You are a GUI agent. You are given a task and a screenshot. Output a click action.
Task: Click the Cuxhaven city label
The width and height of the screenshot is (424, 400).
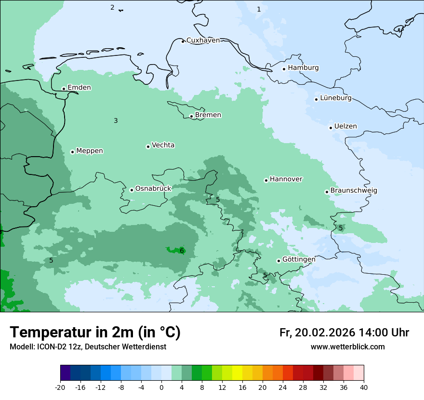(x=203, y=40)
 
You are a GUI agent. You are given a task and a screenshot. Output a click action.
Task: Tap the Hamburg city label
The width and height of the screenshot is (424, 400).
(x=303, y=68)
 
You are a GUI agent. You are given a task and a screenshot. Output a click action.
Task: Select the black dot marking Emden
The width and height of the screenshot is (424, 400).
(x=64, y=89)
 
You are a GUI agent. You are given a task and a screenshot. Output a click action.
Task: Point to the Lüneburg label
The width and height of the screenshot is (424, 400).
(x=335, y=98)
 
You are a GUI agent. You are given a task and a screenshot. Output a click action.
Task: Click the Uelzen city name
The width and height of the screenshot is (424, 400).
(x=345, y=127)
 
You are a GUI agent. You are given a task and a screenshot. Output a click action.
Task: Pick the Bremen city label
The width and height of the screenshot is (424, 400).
(x=208, y=115)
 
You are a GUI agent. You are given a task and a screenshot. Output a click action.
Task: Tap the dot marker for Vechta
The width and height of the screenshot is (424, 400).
(x=148, y=147)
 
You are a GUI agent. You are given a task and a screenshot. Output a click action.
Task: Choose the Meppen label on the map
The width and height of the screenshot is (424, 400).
(x=89, y=151)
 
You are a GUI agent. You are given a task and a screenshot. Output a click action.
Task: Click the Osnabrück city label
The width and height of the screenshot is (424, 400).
(x=153, y=189)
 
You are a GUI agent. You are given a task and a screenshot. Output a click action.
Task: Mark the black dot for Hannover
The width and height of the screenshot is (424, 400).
(x=266, y=180)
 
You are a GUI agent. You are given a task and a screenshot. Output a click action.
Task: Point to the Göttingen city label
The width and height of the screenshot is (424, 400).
(x=298, y=260)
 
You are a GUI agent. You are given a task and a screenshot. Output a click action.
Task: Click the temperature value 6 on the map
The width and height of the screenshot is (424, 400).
(x=182, y=251)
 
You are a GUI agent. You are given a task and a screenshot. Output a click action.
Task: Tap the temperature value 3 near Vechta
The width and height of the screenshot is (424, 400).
(x=116, y=120)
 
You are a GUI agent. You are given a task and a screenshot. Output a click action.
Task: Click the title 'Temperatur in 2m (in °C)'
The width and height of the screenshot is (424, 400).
(x=95, y=332)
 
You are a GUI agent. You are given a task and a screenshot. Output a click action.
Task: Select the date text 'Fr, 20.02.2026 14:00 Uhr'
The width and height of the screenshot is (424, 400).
(x=344, y=333)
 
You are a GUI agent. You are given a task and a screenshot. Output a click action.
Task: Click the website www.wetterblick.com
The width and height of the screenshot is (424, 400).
(x=347, y=347)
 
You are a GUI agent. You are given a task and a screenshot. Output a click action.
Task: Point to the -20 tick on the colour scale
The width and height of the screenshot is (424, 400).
(x=60, y=387)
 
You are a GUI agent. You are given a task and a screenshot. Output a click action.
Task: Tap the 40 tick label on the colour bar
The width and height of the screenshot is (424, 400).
(x=364, y=387)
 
